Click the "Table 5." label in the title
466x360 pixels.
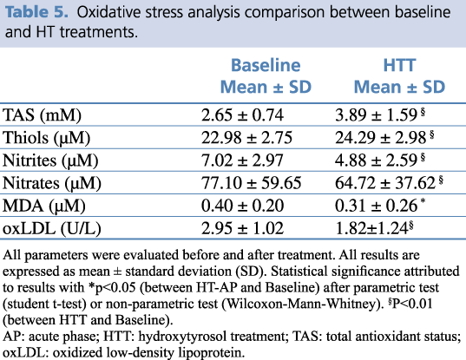pyautogui.click(x=36, y=12)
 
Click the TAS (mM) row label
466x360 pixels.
pyautogui.click(x=42, y=115)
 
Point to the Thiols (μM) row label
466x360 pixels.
pyautogui.click(x=46, y=138)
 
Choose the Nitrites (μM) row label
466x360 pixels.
pyautogui.click(x=50, y=160)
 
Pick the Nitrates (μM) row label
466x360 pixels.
pyautogui.click(x=52, y=183)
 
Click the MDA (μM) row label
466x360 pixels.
pyautogui.click(x=44, y=206)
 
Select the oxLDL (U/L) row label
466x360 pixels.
pyautogui.click(x=52, y=229)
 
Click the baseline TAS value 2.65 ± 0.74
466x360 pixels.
pyautogui.click(x=242, y=115)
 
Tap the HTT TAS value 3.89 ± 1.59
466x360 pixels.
pyautogui.click(x=377, y=115)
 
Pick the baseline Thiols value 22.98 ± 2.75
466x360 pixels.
pyautogui.click(x=246, y=138)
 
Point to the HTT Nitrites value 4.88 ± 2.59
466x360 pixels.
pyautogui.click(x=377, y=160)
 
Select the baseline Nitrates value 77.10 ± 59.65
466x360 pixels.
pyautogui.click(x=251, y=183)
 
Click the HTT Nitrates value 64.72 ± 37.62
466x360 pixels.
pyautogui.click(x=385, y=183)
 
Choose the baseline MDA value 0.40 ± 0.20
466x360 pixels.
pyautogui.click(x=242, y=206)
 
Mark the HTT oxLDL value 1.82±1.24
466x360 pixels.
pyautogui.click(x=371, y=228)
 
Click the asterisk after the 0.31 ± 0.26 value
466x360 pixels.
pyautogui.click(x=423, y=200)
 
